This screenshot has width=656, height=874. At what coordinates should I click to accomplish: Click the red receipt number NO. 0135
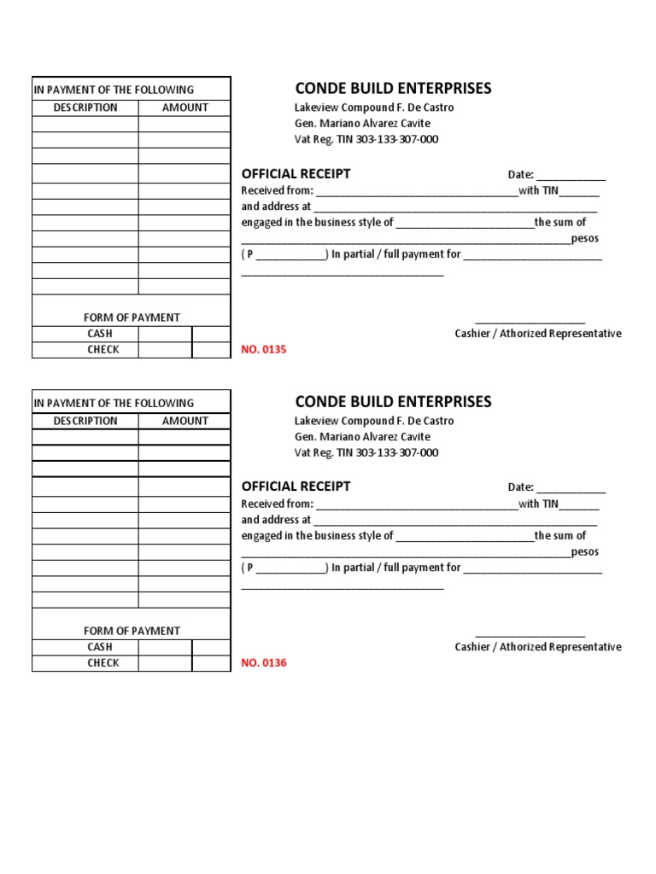[x=264, y=350]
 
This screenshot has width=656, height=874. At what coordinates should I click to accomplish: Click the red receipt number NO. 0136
[x=264, y=663]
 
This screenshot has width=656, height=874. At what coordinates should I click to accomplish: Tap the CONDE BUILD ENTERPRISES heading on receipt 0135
[x=393, y=89]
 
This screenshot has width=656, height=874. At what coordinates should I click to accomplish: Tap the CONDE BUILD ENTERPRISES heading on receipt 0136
[x=393, y=402]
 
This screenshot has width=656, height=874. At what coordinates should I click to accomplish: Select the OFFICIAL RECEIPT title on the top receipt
[x=296, y=173]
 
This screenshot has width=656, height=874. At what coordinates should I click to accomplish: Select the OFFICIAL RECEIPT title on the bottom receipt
[x=296, y=487]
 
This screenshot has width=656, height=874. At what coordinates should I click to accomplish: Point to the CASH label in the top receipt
[x=100, y=334]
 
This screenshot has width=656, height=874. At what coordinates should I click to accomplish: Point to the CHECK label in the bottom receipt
[x=102, y=663]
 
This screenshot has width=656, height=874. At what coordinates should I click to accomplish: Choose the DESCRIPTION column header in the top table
[x=85, y=108]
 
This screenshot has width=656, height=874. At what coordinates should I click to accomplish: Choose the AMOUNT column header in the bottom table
[x=185, y=421]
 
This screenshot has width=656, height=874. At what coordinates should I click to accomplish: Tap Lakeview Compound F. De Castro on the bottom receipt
[x=373, y=421]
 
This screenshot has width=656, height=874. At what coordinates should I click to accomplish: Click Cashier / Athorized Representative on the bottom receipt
[x=537, y=647]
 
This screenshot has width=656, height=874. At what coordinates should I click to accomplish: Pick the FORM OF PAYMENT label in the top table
[x=132, y=318]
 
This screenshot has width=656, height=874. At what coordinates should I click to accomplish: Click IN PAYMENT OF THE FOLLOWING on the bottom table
[x=114, y=403]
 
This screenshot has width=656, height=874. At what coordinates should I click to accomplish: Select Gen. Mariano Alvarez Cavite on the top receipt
[x=362, y=124]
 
